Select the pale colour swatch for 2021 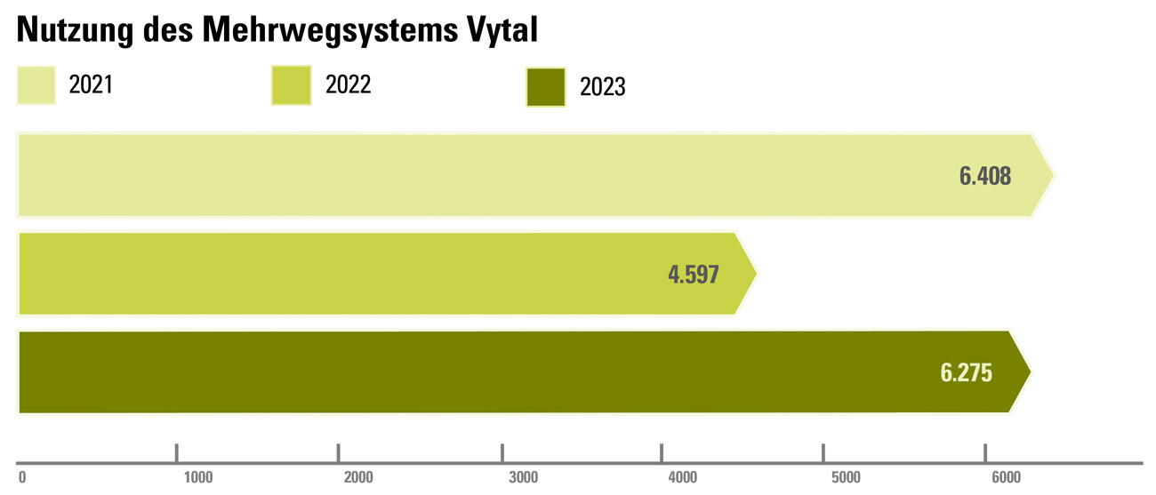click(36, 84)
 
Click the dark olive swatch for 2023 click(546, 87)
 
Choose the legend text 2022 click(349, 85)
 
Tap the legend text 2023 click(603, 88)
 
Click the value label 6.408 click(984, 176)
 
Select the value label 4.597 click(693, 274)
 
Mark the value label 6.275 click(966, 372)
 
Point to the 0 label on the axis click(22, 478)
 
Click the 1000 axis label click(197, 478)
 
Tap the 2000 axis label click(358, 478)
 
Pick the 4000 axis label click(682, 478)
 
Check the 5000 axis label click(846, 478)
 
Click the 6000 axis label click(1006, 478)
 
